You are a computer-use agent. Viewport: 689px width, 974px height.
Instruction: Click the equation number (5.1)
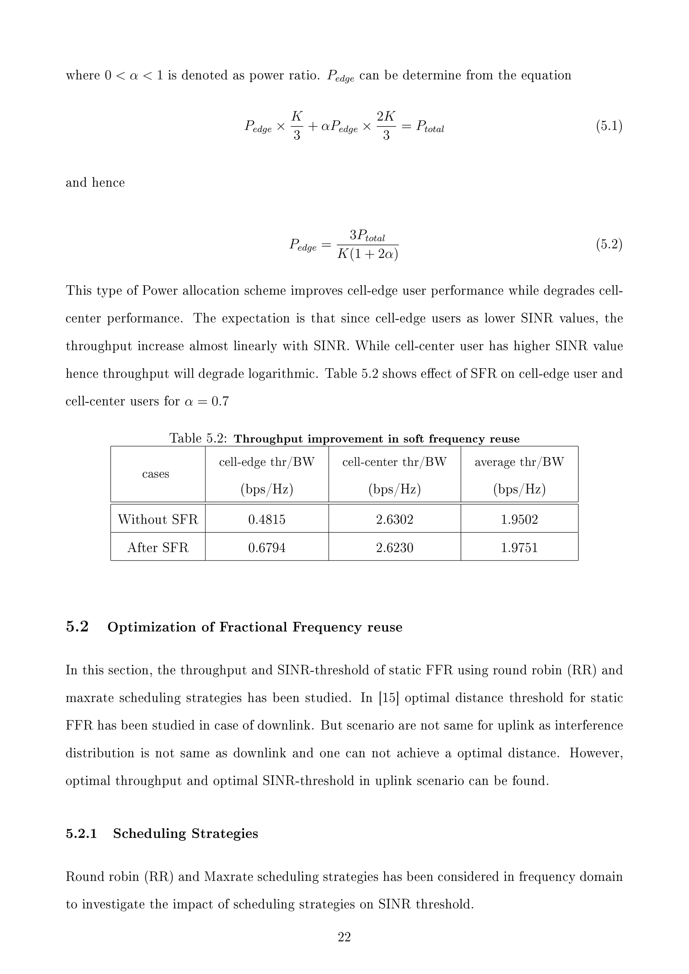pyautogui.click(x=609, y=126)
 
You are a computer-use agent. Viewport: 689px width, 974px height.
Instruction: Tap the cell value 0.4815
pyautogui.click(x=267, y=520)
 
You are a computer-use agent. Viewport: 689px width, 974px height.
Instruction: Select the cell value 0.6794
pyautogui.click(x=267, y=548)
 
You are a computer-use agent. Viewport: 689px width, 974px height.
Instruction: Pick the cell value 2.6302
pyautogui.click(x=395, y=520)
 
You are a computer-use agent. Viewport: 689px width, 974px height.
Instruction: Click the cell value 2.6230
pyautogui.click(x=395, y=548)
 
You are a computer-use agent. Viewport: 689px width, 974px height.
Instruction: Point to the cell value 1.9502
pyautogui.click(x=519, y=520)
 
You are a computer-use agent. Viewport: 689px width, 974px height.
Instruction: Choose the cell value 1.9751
pyautogui.click(x=519, y=548)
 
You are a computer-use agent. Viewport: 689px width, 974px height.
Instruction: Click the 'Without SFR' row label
pyautogui.click(x=158, y=520)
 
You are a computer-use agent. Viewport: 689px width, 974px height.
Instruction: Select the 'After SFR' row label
pyautogui.click(x=158, y=548)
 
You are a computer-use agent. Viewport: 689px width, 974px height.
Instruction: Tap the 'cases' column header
pyautogui.click(x=156, y=474)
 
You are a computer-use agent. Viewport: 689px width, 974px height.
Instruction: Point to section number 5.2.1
pyautogui.click(x=81, y=834)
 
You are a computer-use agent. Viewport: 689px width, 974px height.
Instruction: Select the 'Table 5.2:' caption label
pyautogui.click(x=198, y=438)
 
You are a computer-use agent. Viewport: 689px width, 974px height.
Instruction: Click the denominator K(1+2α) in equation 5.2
pyautogui.click(x=367, y=255)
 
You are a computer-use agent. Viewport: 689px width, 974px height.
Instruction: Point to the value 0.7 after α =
pyautogui.click(x=220, y=401)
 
